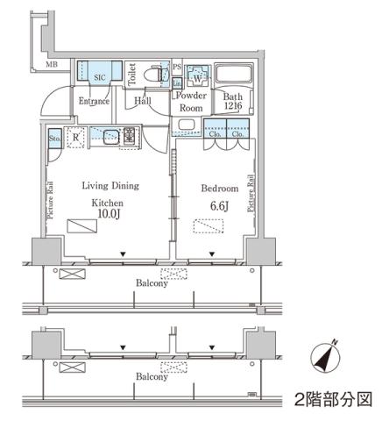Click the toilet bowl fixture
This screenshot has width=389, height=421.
pyautogui.click(x=157, y=76)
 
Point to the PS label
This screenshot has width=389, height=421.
pyautogui.click(x=176, y=67)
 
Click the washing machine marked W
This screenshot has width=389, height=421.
pyautogui.click(x=195, y=75)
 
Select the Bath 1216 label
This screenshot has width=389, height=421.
pyautogui.click(x=233, y=101)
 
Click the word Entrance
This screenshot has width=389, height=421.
pyautogui.click(x=94, y=101)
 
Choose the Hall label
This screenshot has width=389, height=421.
pyautogui.click(x=143, y=101)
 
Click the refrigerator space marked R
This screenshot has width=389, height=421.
pyautogui.click(x=76, y=138)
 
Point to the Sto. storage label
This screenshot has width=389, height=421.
pyautogui.click(x=53, y=138)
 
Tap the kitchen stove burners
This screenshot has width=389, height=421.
pyautogui.click(x=130, y=136)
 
